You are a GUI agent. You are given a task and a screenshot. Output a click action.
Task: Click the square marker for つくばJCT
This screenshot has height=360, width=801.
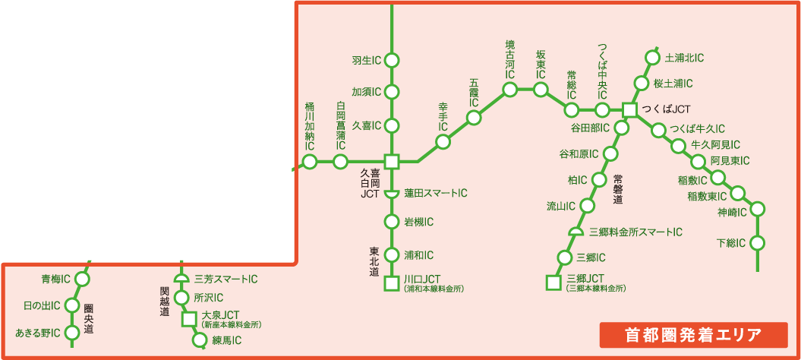click(629, 109)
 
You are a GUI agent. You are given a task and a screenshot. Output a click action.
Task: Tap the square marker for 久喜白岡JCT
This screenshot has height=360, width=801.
click(392, 161)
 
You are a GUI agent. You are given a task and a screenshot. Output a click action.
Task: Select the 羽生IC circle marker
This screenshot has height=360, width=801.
click(392, 59)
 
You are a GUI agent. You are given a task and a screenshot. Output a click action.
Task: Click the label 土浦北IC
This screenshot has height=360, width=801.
click(684, 58)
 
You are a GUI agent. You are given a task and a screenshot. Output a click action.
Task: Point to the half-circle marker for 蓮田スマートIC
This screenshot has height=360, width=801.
click(392, 194)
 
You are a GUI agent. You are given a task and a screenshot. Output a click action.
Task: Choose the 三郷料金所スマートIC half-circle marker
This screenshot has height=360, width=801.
click(576, 232)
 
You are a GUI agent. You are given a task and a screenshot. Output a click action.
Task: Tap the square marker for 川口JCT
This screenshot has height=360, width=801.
click(392, 284)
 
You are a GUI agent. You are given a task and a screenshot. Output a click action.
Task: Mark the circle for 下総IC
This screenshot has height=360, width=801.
click(757, 243)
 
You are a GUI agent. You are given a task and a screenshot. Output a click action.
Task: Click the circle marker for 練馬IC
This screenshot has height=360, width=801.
click(200, 339)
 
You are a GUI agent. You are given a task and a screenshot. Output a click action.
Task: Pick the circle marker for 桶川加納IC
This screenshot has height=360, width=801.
click(310, 161)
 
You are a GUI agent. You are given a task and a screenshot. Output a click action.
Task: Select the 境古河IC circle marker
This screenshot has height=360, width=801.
click(509, 90)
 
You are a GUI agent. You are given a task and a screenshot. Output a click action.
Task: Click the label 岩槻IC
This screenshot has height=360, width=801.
click(418, 222)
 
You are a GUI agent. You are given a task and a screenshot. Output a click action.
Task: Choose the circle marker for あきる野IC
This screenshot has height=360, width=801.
click(72, 333)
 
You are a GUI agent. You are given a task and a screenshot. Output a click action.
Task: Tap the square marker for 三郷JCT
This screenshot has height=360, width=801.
click(553, 284)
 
